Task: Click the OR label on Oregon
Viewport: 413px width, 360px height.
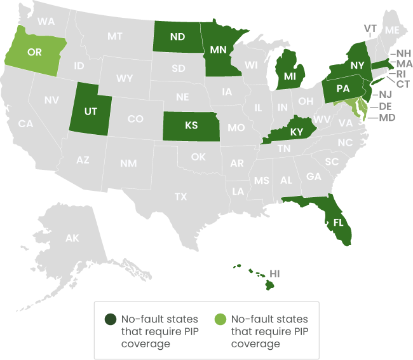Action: (x=34, y=52)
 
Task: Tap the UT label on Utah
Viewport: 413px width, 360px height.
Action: (x=91, y=111)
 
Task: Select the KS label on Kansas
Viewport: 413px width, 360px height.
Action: (x=191, y=125)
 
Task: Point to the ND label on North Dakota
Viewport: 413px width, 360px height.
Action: (x=177, y=37)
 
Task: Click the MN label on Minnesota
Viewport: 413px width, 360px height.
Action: (x=219, y=50)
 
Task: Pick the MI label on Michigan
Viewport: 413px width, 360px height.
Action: (x=290, y=76)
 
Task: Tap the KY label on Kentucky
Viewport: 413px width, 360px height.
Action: (x=297, y=132)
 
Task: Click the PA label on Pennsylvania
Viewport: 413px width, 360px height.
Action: (x=342, y=89)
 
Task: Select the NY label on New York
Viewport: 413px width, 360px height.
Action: (x=357, y=65)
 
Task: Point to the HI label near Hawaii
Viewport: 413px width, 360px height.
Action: (x=275, y=273)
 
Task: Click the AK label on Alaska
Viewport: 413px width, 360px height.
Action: (x=72, y=238)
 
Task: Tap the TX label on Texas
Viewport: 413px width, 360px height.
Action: (x=181, y=197)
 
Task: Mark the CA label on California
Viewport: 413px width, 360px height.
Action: (x=25, y=123)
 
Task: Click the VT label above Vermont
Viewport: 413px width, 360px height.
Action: (x=370, y=28)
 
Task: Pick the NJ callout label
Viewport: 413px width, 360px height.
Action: (x=385, y=94)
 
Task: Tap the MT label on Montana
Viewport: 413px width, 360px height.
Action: (x=114, y=36)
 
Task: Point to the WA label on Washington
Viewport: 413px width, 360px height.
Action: (x=46, y=21)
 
